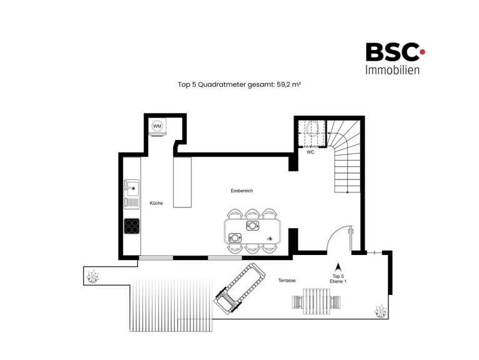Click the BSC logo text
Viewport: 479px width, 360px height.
point(392,52)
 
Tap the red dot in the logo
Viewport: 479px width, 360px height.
point(422,52)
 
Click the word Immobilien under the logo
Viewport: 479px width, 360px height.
point(392,70)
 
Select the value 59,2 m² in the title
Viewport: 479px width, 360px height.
point(289,84)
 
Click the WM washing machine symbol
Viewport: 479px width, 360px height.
point(157,126)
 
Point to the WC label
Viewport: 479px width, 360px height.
point(310,152)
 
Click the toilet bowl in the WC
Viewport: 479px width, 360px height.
point(312,129)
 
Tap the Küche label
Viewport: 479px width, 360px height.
point(156,203)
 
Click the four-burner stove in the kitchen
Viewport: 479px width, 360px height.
point(132,226)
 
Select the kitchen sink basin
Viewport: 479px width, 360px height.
point(132,187)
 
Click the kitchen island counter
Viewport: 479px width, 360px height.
point(182,182)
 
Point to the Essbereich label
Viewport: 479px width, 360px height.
point(242,191)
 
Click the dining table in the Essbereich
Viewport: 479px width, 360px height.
point(252,231)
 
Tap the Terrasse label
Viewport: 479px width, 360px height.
point(287,280)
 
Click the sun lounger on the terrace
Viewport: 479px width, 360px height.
point(240,287)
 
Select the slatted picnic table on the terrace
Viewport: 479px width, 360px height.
point(317,301)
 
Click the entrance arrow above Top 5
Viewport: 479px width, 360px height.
point(338,267)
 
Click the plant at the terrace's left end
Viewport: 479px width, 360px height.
point(92,277)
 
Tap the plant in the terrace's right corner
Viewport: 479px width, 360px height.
point(381,311)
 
